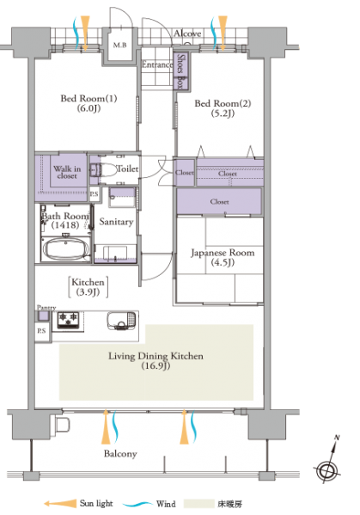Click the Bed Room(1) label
88,103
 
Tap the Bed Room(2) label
223,108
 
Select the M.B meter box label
119,45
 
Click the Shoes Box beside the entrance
180,71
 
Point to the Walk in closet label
67,172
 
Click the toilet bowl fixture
105,170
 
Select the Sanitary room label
116,222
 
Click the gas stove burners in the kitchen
68,320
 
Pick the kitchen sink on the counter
121,321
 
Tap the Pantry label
46,308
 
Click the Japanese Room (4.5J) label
223,257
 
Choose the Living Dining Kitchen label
156,360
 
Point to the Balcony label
120,454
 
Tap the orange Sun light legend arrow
60,504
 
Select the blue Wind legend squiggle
137,504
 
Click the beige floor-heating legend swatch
198,504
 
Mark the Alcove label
187,34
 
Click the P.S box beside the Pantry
43,332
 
